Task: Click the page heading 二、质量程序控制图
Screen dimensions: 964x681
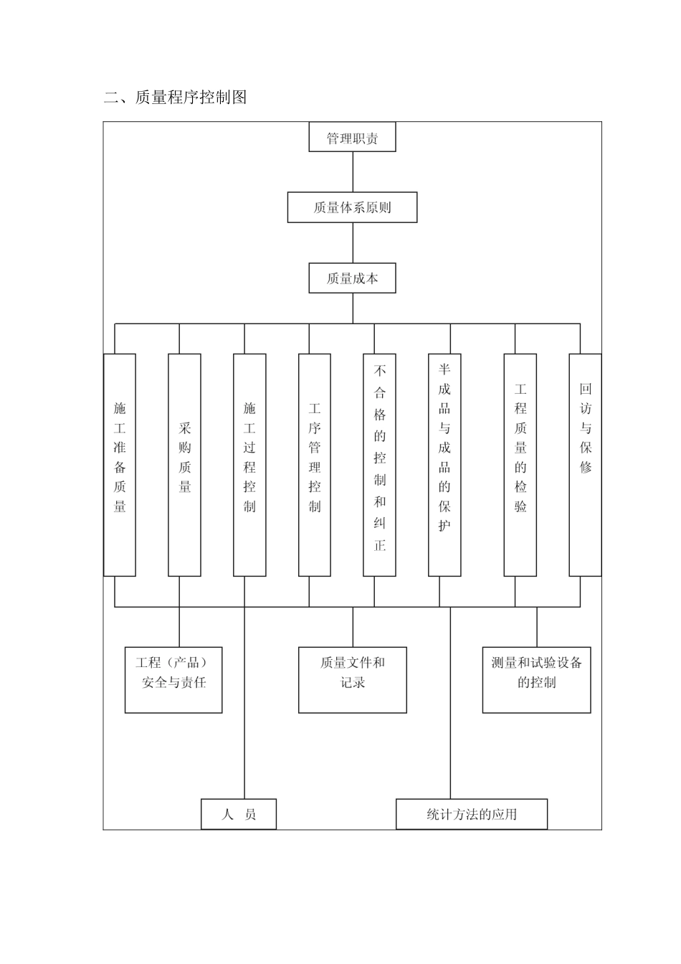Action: click(x=176, y=98)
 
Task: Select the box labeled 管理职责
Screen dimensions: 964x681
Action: click(x=352, y=137)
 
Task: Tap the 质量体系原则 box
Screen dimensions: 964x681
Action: click(x=352, y=207)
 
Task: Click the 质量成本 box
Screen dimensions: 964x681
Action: click(x=352, y=278)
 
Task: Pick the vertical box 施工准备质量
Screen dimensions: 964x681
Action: click(x=120, y=465)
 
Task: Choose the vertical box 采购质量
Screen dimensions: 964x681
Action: click(x=184, y=465)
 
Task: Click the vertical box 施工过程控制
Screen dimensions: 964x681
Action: click(x=249, y=465)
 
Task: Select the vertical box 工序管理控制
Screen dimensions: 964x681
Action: click(x=315, y=465)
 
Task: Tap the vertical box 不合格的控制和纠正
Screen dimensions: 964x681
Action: click(x=379, y=465)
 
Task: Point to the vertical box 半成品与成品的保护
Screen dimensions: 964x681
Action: click(x=444, y=465)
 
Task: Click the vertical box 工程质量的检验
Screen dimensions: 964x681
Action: click(x=520, y=465)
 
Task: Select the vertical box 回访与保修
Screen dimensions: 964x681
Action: click(x=585, y=465)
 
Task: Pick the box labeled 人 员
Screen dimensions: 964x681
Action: click(x=238, y=814)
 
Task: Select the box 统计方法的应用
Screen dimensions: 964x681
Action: click(x=471, y=814)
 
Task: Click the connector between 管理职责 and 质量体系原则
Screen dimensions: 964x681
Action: click(x=353, y=171)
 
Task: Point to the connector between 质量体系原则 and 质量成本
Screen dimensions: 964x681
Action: click(x=353, y=242)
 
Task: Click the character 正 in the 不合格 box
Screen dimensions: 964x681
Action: click(x=379, y=545)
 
